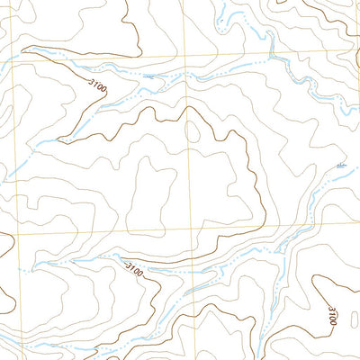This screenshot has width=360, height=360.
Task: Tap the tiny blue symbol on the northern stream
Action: pyautogui.click(x=148, y=77)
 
